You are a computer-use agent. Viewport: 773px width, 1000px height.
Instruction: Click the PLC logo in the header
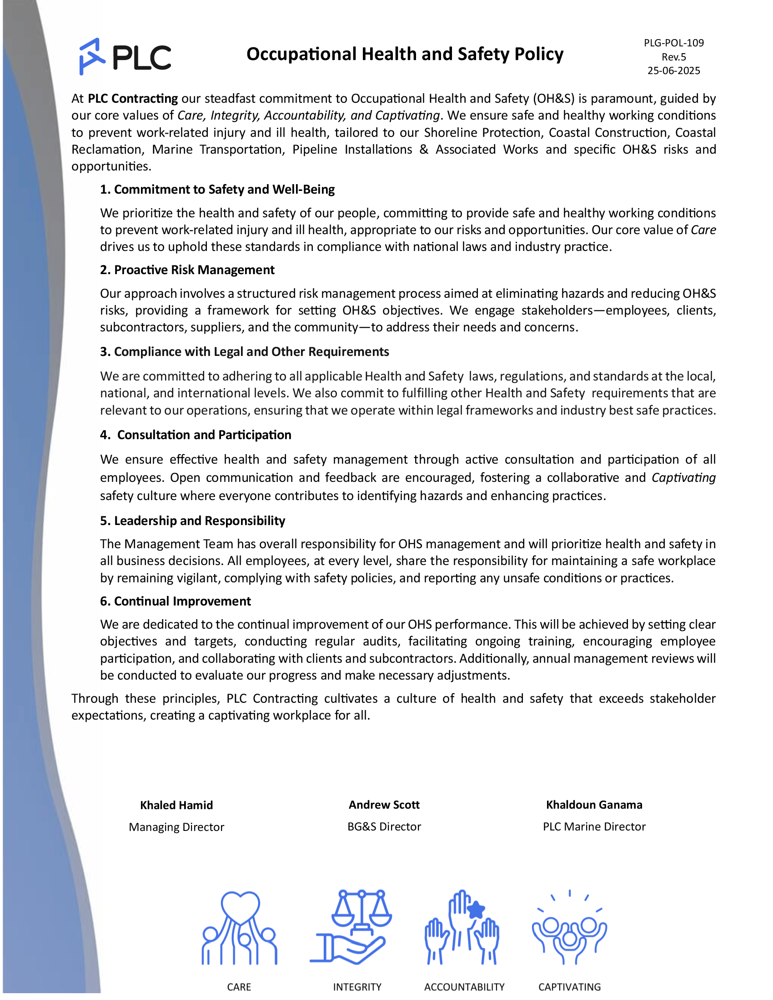(125, 57)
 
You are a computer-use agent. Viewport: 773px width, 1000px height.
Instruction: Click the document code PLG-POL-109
(673, 43)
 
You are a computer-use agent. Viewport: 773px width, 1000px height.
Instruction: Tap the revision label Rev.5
(673, 57)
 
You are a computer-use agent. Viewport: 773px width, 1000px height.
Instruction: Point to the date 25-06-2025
(673, 70)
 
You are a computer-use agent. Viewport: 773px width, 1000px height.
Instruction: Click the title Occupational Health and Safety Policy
(405, 54)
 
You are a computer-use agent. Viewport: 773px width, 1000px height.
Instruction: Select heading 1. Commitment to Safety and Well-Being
(217, 190)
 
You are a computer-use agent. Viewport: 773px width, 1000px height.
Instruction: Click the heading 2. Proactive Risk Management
(187, 270)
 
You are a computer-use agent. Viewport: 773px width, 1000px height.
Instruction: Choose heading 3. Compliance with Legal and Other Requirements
(245, 352)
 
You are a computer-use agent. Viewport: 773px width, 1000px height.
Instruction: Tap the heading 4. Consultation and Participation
(196, 435)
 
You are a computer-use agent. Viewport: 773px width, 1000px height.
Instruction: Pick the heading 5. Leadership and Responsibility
(192, 520)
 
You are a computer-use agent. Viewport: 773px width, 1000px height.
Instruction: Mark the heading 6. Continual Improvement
(176, 601)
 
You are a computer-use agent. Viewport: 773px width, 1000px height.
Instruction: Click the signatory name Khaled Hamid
(176, 805)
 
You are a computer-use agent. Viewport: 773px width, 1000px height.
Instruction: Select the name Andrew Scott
(384, 805)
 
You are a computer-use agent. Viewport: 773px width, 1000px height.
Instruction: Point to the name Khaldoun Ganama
(594, 805)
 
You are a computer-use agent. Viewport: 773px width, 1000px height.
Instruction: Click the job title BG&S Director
(384, 826)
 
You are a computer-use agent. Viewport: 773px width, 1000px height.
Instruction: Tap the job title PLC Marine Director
(594, 826)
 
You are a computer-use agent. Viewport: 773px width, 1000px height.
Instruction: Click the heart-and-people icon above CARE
(240, 927)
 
